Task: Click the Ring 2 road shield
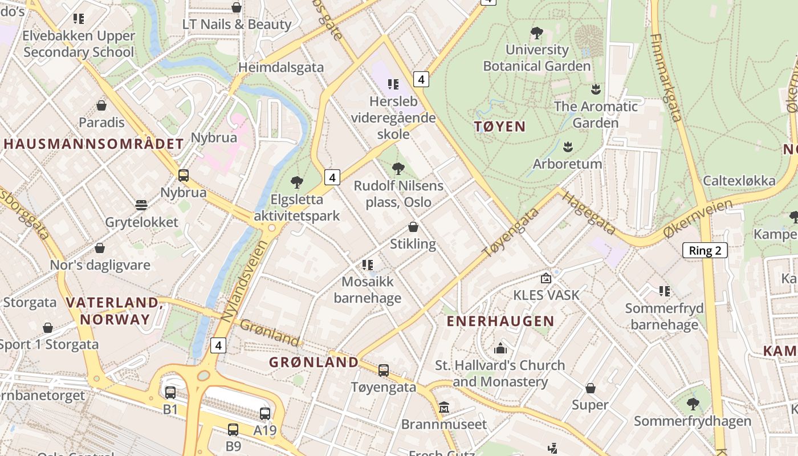(x=705, y=250)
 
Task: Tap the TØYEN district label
(x=500, y=127)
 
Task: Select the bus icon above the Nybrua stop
(x=184, y=176)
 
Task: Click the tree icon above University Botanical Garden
(x=536, y=33)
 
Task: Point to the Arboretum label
(x=567, y=164)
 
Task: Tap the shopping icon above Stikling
(x=413, y=227)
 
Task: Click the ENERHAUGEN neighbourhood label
(x=500, y=321)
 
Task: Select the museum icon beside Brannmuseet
(x=444, y=408)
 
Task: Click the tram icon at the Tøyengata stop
(x=384, y=370)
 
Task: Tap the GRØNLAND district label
(x=313, y=362)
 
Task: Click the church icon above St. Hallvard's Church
(x=500, y=348)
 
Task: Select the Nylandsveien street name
(x=246, y=282)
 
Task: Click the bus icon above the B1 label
(x=170, y=392)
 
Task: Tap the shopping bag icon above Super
(x=591, y=388)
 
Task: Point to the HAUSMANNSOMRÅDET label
(x=93, y=144)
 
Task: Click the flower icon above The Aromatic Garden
(x=596, y=89)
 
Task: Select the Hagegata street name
(x=588, y=213)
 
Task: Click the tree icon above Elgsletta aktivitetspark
(x=296, y=182)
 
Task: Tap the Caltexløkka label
(x=739, y=181)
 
